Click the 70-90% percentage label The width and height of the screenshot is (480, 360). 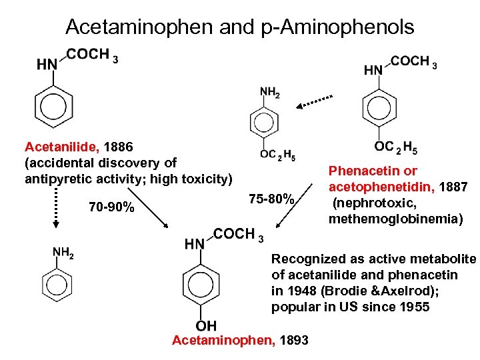click(111, 208)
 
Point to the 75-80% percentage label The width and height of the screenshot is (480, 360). click(271, 199)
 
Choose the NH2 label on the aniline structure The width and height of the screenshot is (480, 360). click(63, 252)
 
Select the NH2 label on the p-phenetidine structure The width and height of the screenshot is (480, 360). click(269, 93)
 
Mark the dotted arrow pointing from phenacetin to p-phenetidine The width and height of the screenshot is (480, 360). click(315, 101)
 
